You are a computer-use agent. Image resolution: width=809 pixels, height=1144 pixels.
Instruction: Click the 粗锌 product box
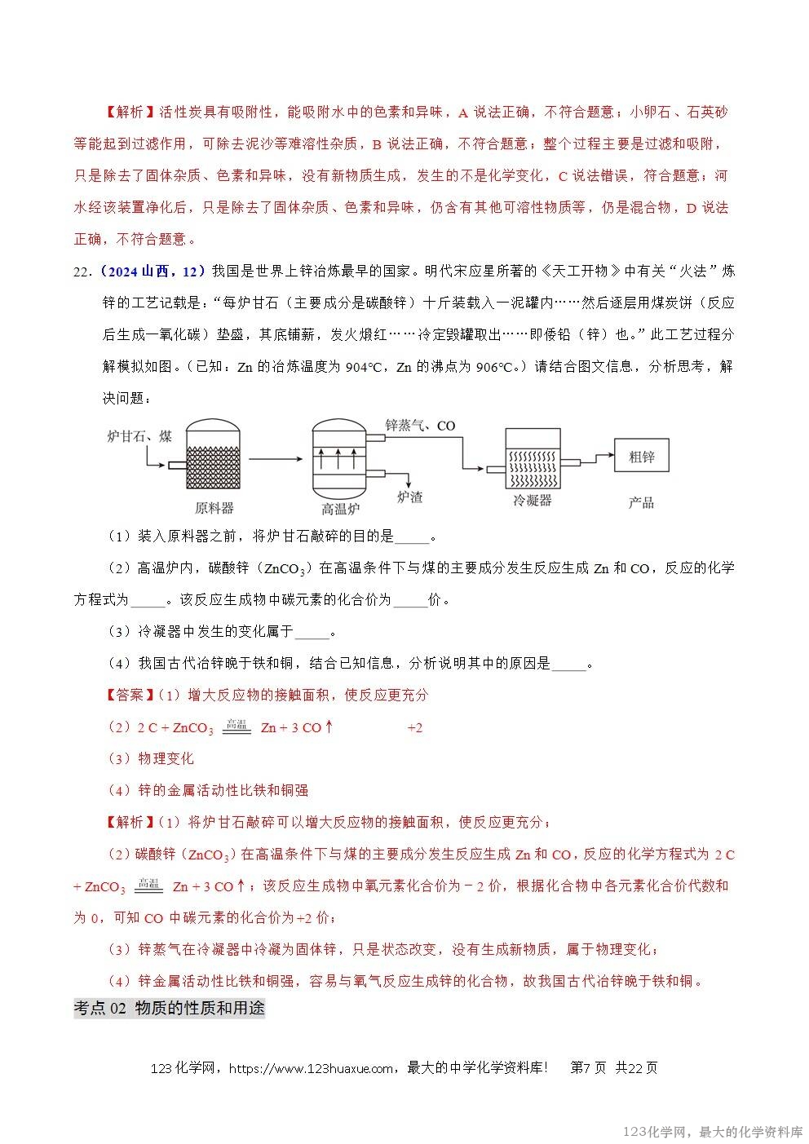pyautogui.click(x=642, y=457)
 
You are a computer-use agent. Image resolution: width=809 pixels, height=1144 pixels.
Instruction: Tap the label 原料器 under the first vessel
pyautogui.click(x=214, y=508)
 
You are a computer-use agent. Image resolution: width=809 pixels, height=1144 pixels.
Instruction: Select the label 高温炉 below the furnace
pyautogui.click(x=340, y=510)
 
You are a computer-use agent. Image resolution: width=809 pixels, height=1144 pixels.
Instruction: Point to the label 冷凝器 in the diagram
pyautogui.click(x=533, y=501)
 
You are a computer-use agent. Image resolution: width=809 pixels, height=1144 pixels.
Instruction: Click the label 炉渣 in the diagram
pyautogui.click(x=409, y=497)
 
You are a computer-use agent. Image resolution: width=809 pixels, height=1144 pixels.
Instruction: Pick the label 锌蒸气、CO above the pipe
pyautogui.click(x=420, y=425)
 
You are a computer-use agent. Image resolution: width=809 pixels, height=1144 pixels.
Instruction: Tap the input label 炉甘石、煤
pyautogui.click(x=139, y=436)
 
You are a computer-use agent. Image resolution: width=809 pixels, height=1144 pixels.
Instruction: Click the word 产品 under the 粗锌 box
pyautogui.click(x=641, y=502)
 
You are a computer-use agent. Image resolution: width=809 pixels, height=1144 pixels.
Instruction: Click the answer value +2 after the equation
pyautogui.click(x=414, y=727)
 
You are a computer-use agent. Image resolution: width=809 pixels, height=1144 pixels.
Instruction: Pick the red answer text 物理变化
pyautogui.click(x=166, y=758)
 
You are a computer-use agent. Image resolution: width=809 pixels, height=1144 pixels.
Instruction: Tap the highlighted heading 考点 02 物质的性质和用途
pyautogui.click(x=169, y=1008)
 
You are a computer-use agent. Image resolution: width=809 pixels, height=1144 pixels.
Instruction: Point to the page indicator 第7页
pyautogui.click(x=588, y=1068)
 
